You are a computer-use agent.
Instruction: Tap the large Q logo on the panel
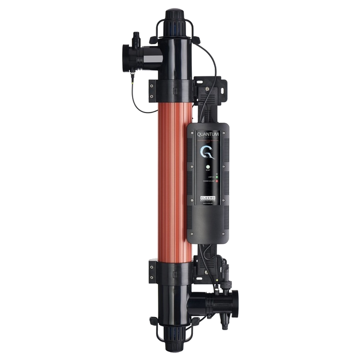point(208,152)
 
